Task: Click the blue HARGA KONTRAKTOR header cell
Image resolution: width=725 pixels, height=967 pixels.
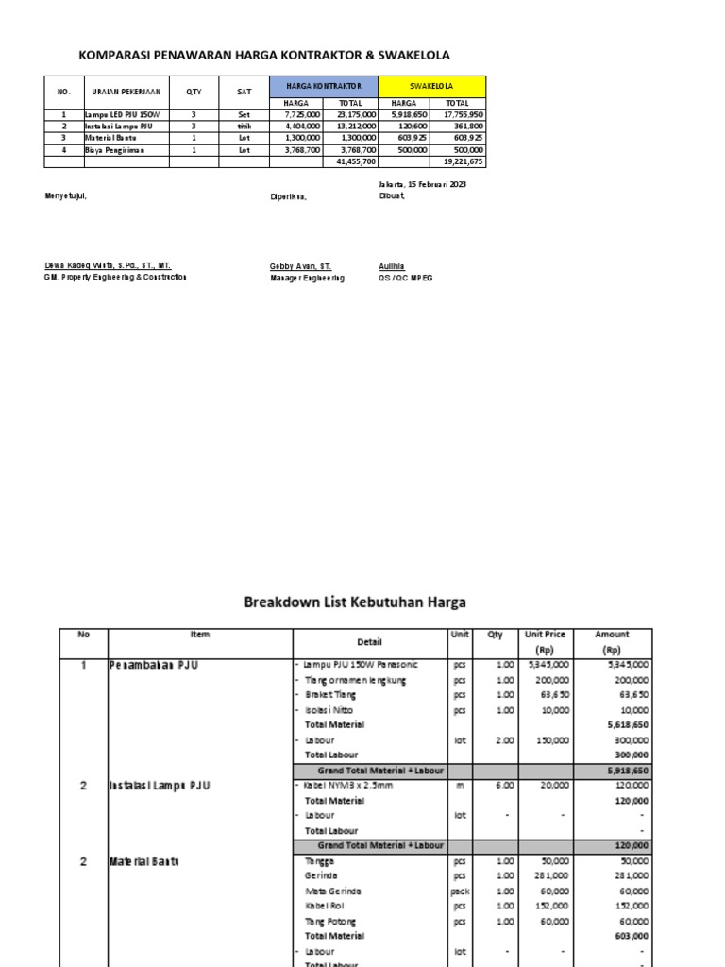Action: tap(324, 86)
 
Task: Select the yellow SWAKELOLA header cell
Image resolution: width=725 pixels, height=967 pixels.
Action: tap(431, 86)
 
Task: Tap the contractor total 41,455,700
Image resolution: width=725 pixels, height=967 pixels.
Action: tap(356, 162)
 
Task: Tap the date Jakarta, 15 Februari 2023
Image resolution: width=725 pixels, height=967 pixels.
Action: tap(422, 185)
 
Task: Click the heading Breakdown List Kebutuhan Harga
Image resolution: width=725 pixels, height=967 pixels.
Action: tap(355, 602)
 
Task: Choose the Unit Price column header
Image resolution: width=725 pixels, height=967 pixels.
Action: tap(545, 635)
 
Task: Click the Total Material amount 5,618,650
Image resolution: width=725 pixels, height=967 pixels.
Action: tap(627, 724)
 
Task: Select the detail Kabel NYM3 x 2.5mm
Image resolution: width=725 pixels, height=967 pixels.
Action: tap(346, 785)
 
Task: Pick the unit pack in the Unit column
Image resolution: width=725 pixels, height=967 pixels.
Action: tap(461, 891)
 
